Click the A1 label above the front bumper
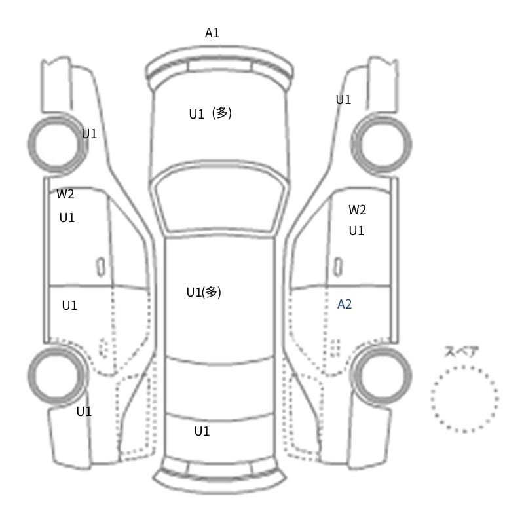(212, 33)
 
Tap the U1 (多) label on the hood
(210, 113)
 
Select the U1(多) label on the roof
(204, 292)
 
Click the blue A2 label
(345, 304)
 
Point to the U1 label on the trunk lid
(202, 432)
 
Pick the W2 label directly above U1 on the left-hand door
(65, 194)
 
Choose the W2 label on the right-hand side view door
(357, 210)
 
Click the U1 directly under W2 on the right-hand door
(356, 231)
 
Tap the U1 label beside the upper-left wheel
(89, 134)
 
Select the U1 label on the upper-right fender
(343, 100)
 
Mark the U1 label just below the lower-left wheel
(84, 412)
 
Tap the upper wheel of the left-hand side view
(29, 143)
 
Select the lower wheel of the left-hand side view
(29, 375)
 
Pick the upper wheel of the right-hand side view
(410, 143)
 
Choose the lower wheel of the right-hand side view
(410, 375)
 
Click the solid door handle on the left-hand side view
(101, 267)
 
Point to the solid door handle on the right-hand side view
(338, 267)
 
